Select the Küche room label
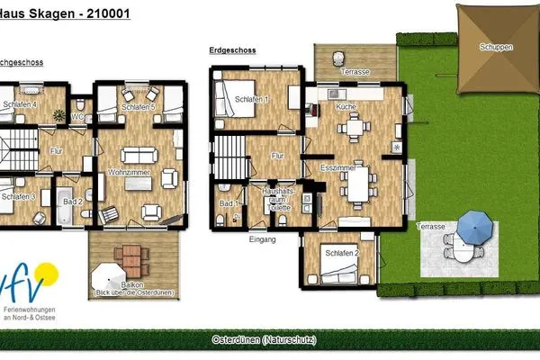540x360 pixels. coord(346,107)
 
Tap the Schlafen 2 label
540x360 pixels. coord(343,253)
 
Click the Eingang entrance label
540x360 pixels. coord(262,240)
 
